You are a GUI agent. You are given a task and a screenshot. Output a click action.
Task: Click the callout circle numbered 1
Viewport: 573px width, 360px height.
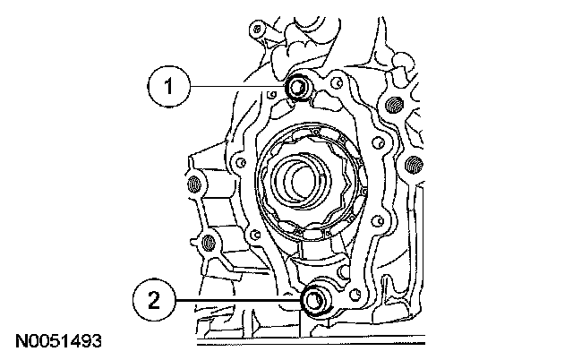click(x=169, y=87)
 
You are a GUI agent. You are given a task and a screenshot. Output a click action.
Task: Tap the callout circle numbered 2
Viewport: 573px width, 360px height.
click(x=154, y=300)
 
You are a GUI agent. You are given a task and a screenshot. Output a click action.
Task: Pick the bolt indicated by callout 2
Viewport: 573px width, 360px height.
click(x=313, y=301)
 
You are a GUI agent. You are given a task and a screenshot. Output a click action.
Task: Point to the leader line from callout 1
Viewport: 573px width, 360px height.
click(x=238, y=87)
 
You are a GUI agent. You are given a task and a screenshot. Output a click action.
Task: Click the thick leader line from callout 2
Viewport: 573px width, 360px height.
click(x=239, y=300)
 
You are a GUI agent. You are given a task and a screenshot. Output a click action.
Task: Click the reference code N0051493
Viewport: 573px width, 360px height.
click(x=58, y=341)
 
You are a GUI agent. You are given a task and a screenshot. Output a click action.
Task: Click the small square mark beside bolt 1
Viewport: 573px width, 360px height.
click(x=271, y=96)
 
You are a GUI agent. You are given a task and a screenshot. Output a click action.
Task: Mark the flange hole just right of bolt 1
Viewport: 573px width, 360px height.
click(x=338, y=84)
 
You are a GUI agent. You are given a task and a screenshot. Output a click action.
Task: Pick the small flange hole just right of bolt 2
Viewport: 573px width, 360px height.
click(x=354, y=295)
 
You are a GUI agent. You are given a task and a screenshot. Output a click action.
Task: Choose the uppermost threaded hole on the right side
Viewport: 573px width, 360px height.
click(x=394, y=105)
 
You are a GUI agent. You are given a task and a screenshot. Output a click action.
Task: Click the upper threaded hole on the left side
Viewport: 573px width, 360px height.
click(x=195, y=183)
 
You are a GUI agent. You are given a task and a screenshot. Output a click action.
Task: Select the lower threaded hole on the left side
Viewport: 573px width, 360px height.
click(x=209, y=243)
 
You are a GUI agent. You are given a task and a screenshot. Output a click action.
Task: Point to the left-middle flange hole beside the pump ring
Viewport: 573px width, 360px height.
click(x=241, y=162)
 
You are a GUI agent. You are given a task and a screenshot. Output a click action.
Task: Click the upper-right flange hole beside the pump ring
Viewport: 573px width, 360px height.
click(x=379, y=143)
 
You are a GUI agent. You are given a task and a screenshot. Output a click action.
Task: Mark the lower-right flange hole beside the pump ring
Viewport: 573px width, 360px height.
click(x=379, y=221)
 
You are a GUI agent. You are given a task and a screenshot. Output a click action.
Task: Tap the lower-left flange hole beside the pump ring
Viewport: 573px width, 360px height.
click(x=256, y=235)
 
